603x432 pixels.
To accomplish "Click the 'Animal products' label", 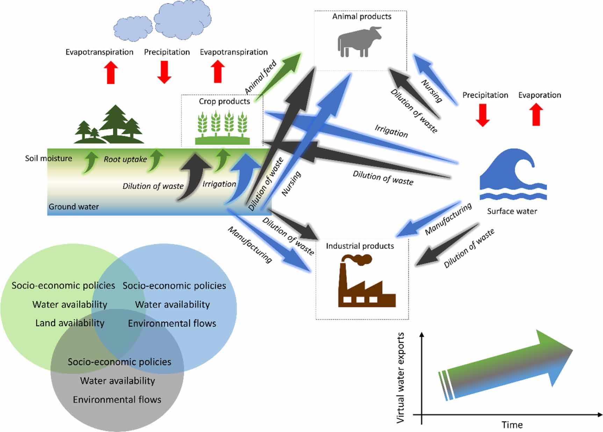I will point(361,16).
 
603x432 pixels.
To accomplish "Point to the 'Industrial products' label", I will point(360,246).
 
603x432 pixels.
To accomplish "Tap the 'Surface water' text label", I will point(512,211).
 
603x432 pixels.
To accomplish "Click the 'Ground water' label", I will point(74,207).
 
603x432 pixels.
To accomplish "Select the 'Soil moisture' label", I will point(49,158).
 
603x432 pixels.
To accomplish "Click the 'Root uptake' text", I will point(125,159).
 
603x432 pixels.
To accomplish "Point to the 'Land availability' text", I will point(70,323).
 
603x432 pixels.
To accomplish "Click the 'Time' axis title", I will point(512,425).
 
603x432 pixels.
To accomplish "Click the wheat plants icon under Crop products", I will point(222,126).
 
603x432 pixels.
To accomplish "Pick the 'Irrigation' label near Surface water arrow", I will point(391,131).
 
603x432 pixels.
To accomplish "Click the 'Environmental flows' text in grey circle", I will point(117,399).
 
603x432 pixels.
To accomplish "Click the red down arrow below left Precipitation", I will point(164,72).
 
